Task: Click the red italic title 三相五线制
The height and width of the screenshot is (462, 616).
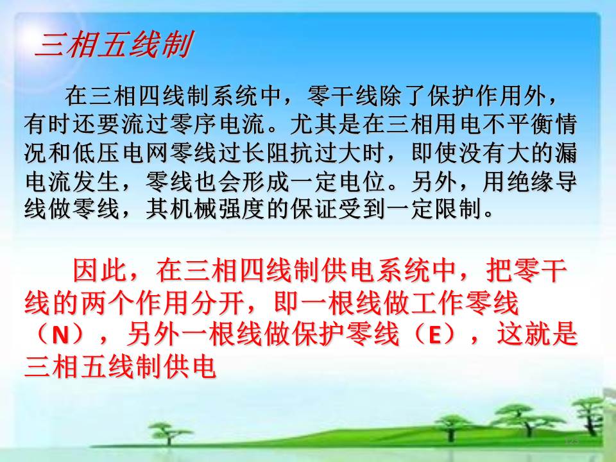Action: tap(114, 44)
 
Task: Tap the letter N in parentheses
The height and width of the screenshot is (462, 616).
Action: tap(60, 335)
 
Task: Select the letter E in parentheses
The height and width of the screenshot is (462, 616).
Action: tap(434, 335)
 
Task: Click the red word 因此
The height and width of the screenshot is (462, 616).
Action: tap(100, 270)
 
